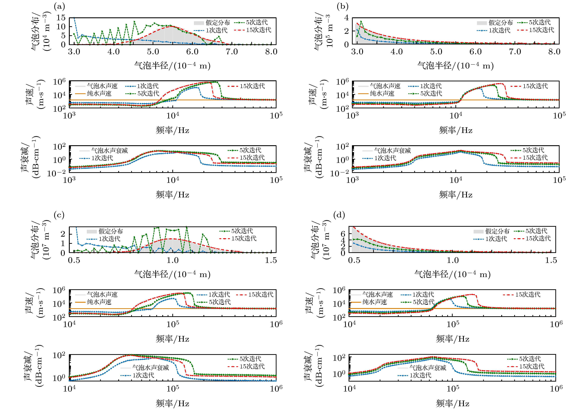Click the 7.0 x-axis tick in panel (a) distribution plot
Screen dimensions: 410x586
[232, 52]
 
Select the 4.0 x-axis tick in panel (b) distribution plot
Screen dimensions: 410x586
[397, 52]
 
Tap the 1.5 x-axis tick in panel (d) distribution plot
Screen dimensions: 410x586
[551, 260]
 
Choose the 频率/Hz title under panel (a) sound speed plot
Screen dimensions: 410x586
[172, 130]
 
